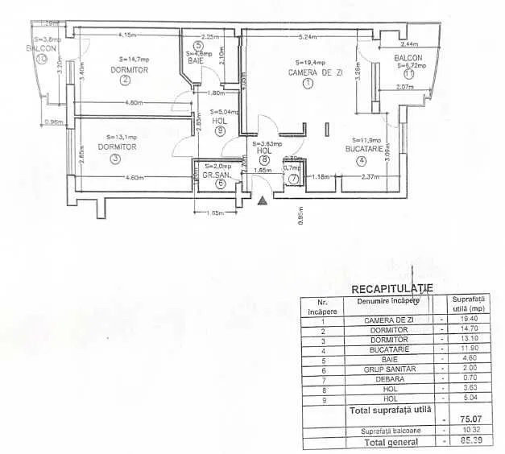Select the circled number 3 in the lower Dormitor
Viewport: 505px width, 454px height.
click(115, 159)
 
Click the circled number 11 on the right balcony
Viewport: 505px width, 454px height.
click(409, 74)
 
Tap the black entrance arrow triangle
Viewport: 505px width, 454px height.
click(260, 200)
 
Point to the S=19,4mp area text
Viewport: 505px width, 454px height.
click(310, 62)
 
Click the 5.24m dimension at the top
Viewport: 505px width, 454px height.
click(306, 36)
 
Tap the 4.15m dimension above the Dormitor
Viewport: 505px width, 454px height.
click(126, 35)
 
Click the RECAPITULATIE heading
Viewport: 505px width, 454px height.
click(392, 288)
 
